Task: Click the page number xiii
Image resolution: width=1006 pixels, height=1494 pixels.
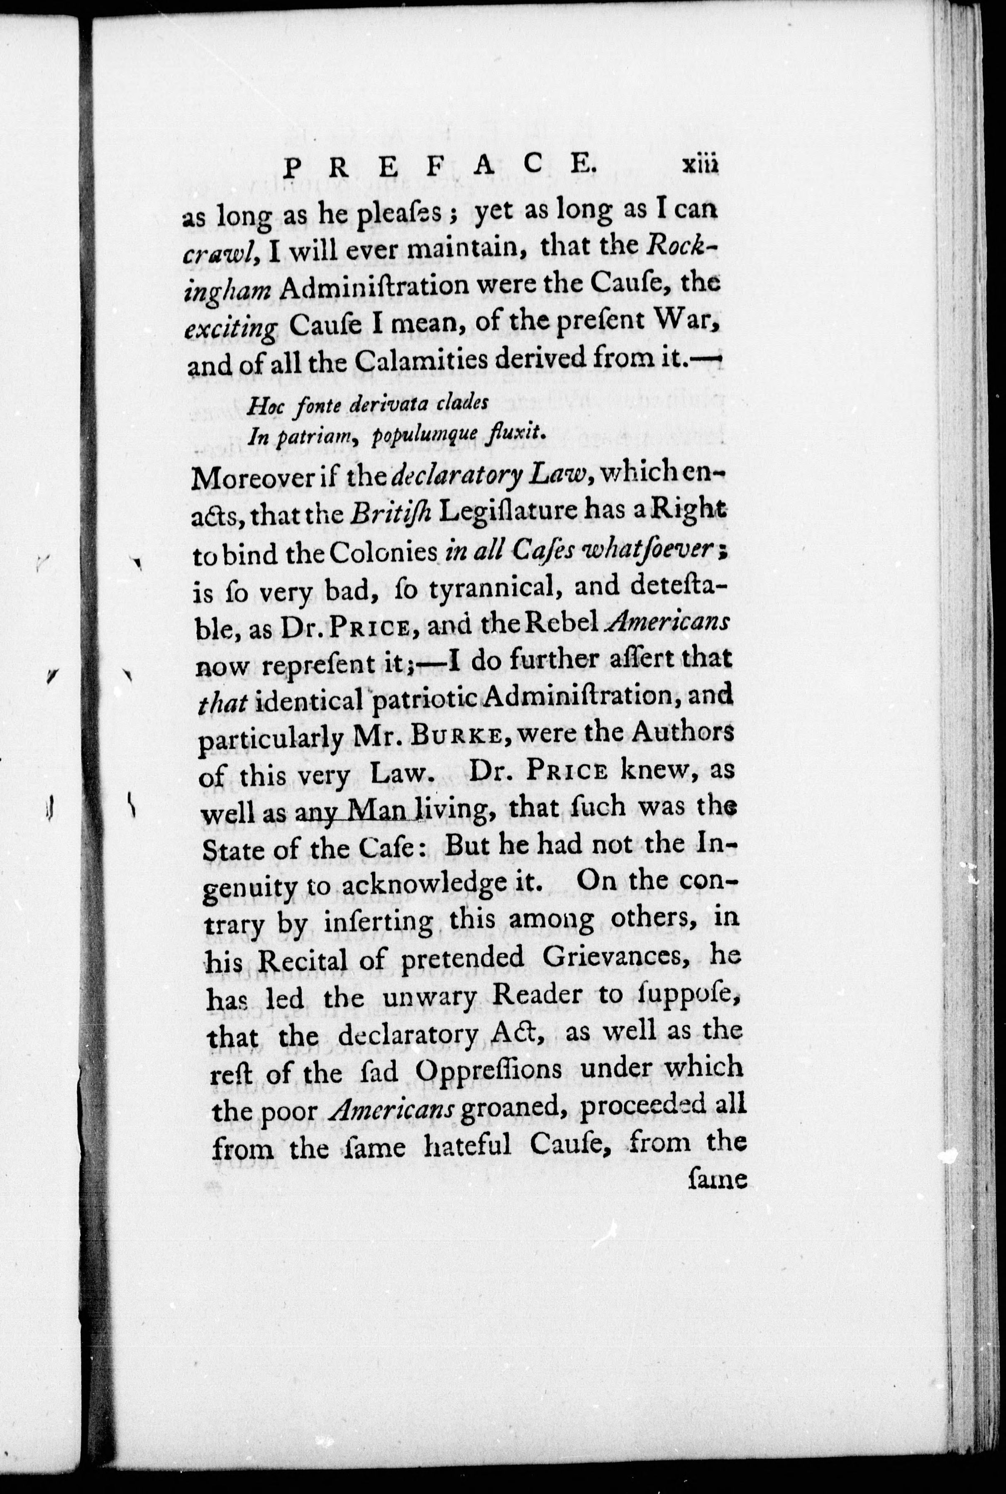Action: click(x=700, y=166)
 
